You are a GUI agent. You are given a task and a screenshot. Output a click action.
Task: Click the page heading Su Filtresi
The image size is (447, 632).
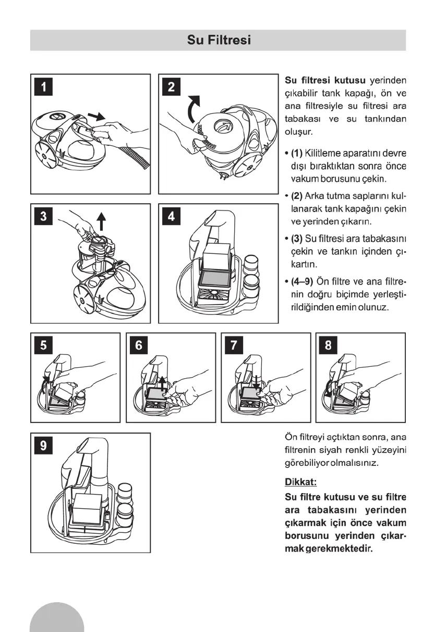(219, 40)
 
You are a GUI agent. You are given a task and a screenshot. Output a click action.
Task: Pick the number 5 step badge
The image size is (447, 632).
(44, 345)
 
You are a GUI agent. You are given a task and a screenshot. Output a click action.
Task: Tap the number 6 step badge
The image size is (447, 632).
(139, 345)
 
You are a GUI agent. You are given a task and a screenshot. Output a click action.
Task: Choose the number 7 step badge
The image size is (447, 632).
(234, 345)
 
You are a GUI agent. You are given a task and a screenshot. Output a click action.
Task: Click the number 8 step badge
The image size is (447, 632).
(328, 345)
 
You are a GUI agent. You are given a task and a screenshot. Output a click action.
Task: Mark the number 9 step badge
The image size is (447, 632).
(44, 446)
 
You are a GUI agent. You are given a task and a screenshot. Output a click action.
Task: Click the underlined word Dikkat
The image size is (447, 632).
(301, 482)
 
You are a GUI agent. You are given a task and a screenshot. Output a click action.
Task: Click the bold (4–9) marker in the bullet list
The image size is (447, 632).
(302, 283)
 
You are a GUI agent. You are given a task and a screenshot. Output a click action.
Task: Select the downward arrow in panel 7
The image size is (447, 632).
(256, 380)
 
